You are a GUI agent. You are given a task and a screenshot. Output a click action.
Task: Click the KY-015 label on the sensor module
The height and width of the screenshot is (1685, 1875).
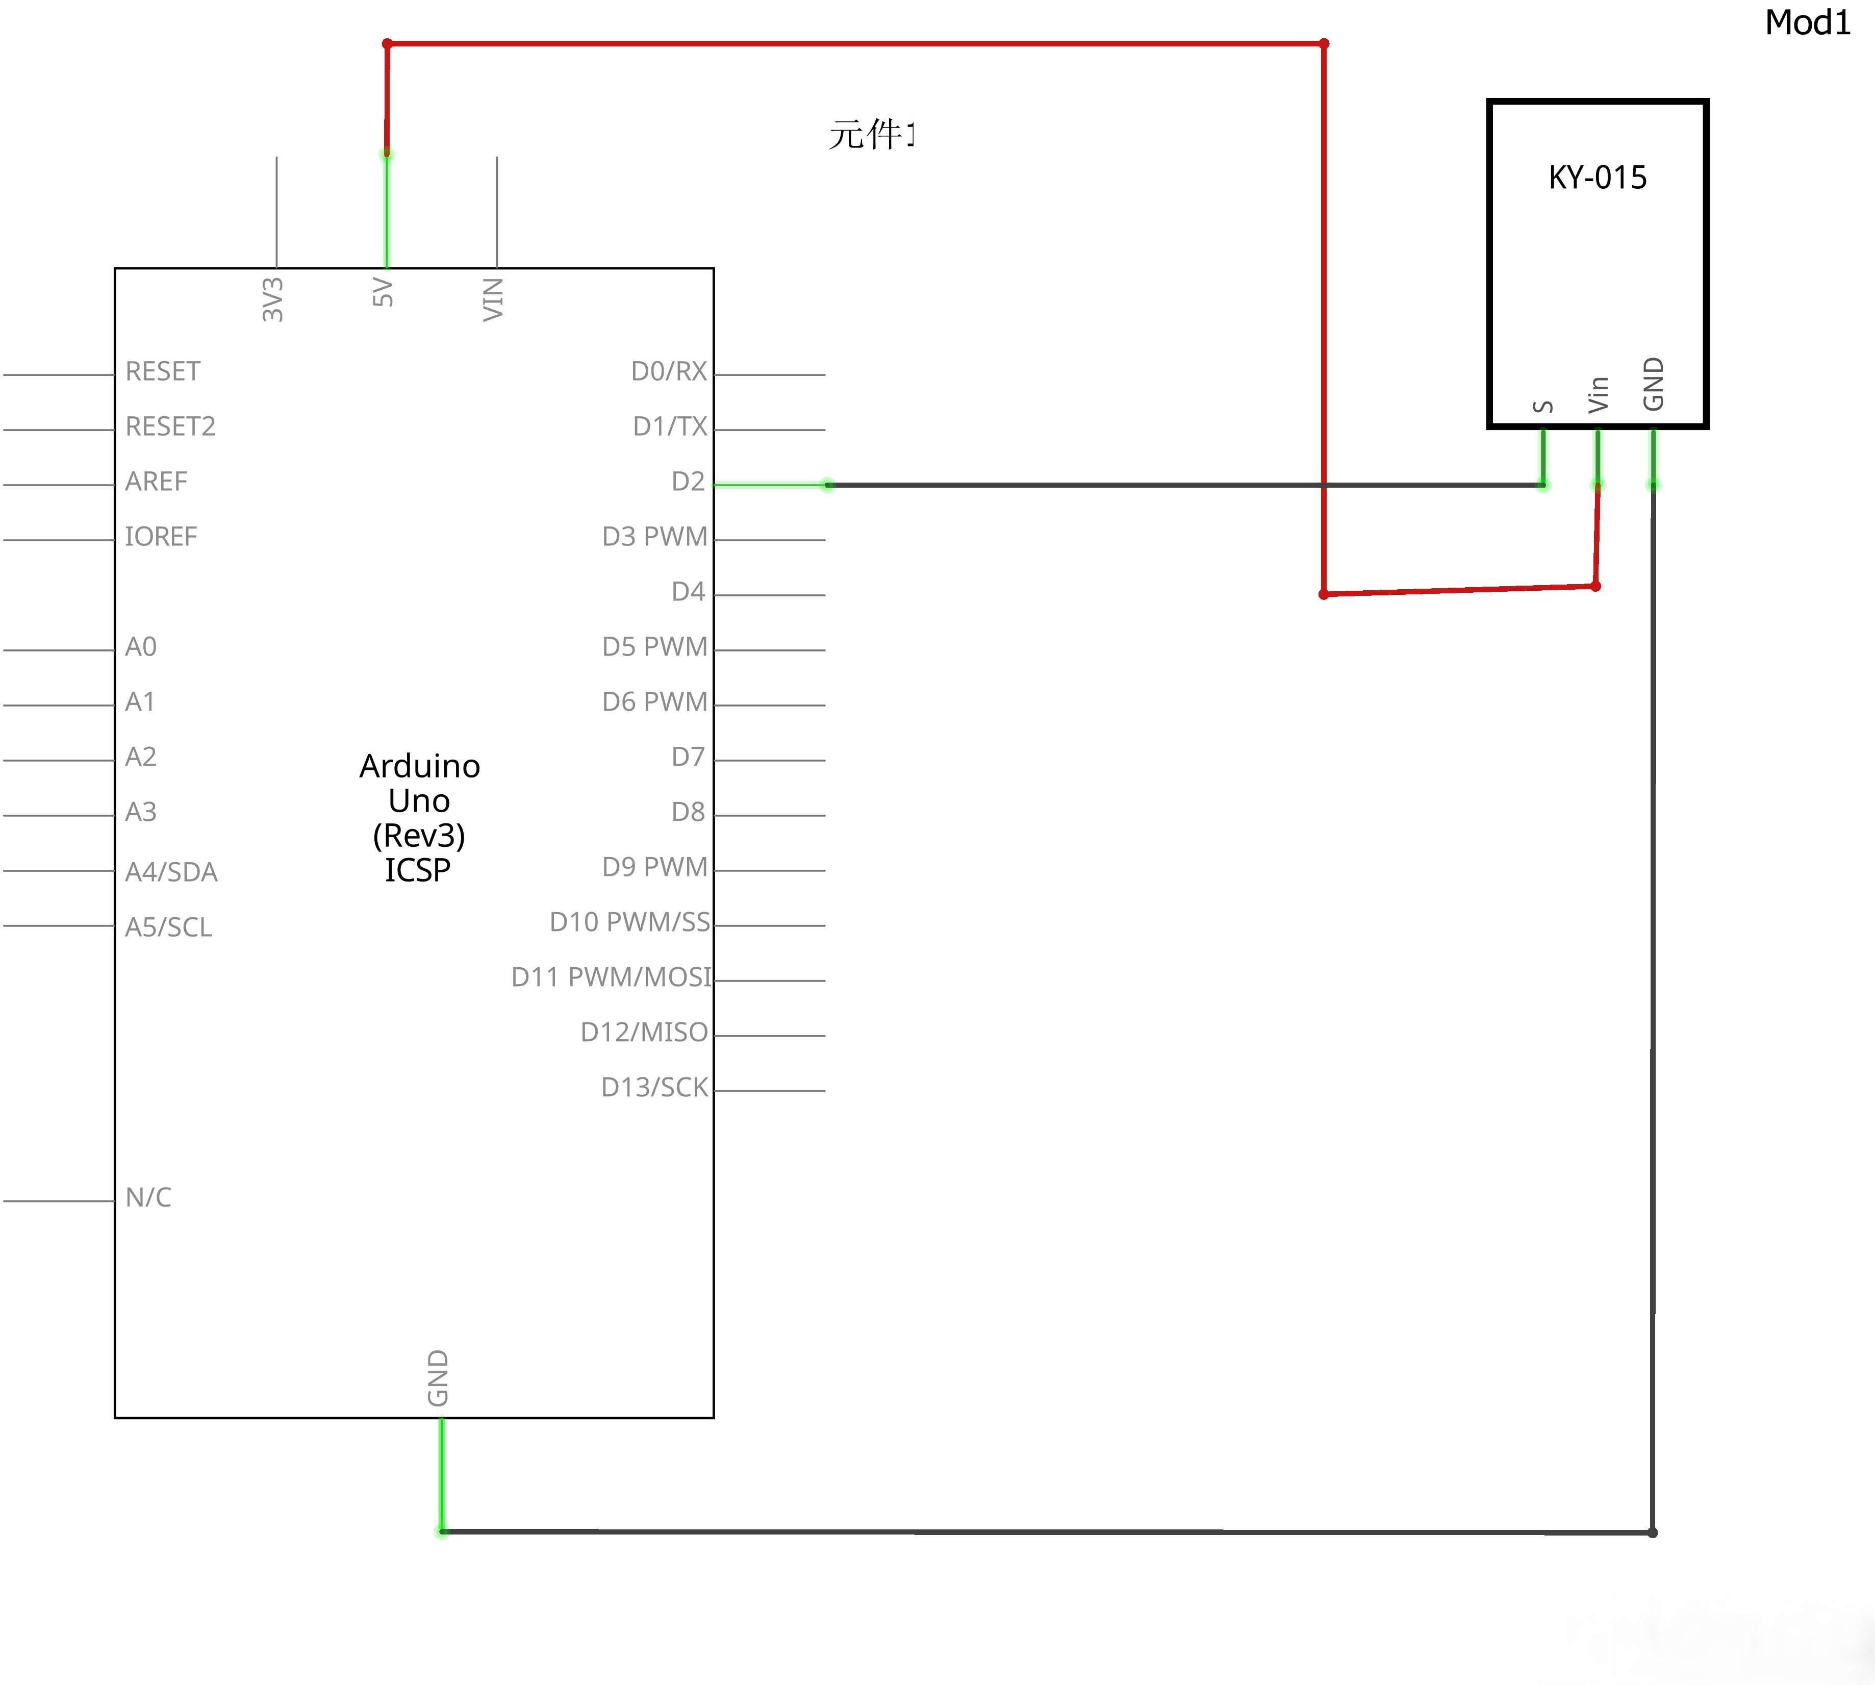click(x=1598, y=177)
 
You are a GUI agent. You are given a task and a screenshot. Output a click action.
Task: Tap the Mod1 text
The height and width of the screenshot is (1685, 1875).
click(x=1808, y=23)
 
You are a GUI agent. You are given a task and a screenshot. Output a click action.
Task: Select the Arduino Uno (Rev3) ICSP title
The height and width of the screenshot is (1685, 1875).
click(x=419, y=817)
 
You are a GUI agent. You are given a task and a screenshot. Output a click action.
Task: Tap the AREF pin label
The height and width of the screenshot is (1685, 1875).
click(x=157, y=482)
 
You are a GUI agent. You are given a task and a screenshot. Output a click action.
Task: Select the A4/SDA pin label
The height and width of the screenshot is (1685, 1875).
click(x=171, y=872)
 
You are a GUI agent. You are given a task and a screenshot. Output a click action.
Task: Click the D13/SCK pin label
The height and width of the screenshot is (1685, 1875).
click(x=654, y=1087)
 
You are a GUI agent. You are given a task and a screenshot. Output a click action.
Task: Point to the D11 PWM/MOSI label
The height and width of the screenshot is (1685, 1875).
click(x=612, y=977)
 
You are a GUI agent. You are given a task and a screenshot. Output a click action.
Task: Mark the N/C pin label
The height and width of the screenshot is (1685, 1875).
click(x=148, y=1197)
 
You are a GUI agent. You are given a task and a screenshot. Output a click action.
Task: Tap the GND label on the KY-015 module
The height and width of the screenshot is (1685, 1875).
click(x=1653, y=383)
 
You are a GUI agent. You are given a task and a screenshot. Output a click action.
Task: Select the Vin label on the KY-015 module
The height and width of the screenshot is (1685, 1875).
click(x=1598, y=394)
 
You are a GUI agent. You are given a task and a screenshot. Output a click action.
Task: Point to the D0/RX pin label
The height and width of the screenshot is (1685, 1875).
click(x=668, y=371)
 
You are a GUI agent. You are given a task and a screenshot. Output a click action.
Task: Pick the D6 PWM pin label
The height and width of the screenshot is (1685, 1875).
click(x=654, y=702)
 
